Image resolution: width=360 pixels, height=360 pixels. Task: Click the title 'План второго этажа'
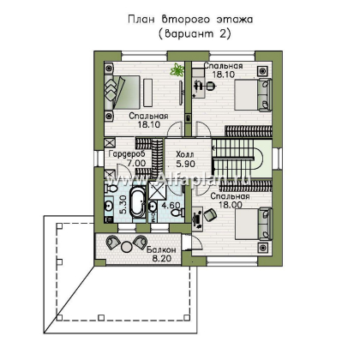[181, 18]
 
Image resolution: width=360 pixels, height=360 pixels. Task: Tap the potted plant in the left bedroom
[176, 68]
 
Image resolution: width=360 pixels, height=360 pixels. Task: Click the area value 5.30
[112, 205]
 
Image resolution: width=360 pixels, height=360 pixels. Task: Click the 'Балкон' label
[160, 249]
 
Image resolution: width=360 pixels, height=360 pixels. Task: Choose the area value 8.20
[161, 258]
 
